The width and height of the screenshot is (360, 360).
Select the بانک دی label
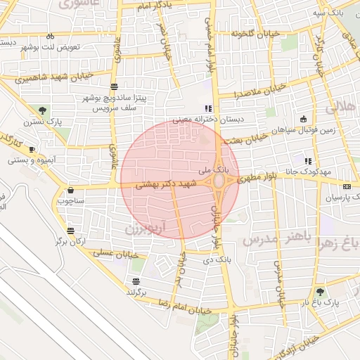pyautogui.click(x=215, y=260)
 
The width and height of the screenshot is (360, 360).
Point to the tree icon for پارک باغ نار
pyautogui.click(x=321, y=291)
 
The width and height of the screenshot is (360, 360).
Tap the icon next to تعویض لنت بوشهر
pyautogui.click(x=50, y=36)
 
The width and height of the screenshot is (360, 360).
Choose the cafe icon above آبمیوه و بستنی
pyautogui.click(x=32, y=149)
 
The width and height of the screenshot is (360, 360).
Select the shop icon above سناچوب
pyautogui.click(x=71, y=190)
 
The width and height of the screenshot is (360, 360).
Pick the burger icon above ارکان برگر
pyautogui.click(x=70, y=231)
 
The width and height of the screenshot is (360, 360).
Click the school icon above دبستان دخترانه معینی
pyautogui.click(x=207, y=108)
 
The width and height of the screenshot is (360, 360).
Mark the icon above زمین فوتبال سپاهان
pyautogui.click(x=303, y=118)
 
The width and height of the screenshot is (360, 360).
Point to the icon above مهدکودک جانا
pyautogui.click(x=308, y=161)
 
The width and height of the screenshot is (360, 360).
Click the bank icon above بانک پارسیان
pyautogui.click(x=346, y=186)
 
